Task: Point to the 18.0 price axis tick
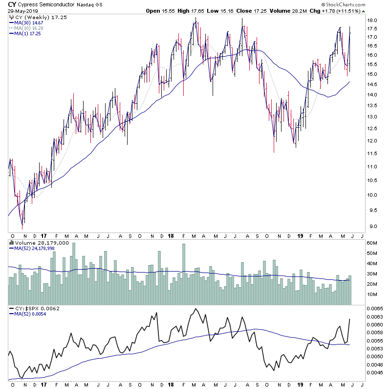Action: click(373, 21)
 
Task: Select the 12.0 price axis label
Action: click(373, 141)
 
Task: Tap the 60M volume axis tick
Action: click(373, 243)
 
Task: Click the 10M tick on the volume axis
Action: click(373, 295)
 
